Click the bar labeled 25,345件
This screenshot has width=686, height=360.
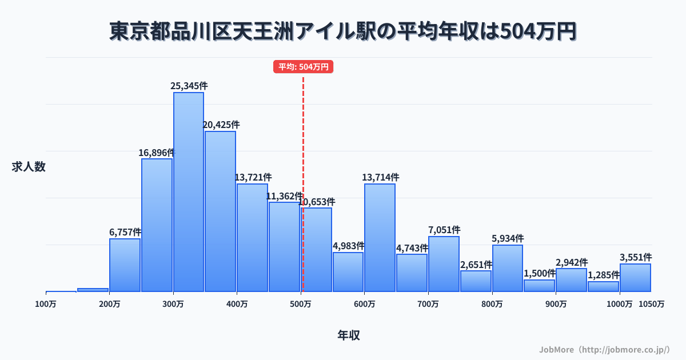click(x=189, y=192)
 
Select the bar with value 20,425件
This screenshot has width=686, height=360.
click(x=221, y=211)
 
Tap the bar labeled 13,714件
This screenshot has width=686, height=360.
click(x=380, y=238)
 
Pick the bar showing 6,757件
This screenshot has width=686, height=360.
click(x=125, y=265)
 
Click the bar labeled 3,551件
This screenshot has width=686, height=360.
click(x=635, y=278)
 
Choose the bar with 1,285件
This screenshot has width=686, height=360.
click(x=603, y=286)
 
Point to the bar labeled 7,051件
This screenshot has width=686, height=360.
click(x=444, y=264)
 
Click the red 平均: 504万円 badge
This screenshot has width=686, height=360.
click(x=303, y=67)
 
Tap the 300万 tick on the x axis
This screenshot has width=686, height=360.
click(x=173, y=304)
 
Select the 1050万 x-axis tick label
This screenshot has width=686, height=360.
click(x=652, y=304)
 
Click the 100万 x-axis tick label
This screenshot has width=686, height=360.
click(x=46, y=304)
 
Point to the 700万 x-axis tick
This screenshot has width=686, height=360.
click(x=428, y=304)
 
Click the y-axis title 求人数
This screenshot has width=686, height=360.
click(x=29, y=167)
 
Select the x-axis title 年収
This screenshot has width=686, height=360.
click(x=349, y=335)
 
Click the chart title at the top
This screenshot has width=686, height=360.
click(x=343, y=31)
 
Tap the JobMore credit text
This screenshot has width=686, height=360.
click(x=604, y=349)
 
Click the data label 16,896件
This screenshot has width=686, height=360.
click(x=156, y=153)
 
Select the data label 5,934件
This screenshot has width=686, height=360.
click(x=508, y=238)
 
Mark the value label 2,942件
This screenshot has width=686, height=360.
click(x=571, y=262)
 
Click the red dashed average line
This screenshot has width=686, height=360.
click(x=303, y=143)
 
